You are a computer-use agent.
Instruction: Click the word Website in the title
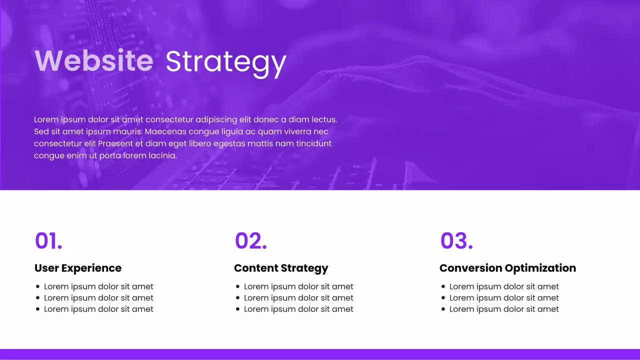pos(94,61)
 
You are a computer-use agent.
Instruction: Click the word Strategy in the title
pos(225,62)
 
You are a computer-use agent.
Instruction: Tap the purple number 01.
pos(48,240)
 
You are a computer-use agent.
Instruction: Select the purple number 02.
pos(250,240)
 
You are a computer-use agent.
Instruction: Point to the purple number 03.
pos(456,240)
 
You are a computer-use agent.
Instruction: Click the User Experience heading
pos(78,268)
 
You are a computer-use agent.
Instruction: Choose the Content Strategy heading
pos(281,268)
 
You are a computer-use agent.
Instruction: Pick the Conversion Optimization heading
pos(507,268)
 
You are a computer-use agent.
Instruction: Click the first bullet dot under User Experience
pos(38,286)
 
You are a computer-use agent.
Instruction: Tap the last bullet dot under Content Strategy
pos(238,309)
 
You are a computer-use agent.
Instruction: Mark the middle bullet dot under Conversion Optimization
pos(443,298)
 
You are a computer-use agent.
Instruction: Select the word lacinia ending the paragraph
pos(162,156)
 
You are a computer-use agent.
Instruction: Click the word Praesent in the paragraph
pos(115,144)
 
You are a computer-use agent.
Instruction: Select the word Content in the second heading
pos(256,268)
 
